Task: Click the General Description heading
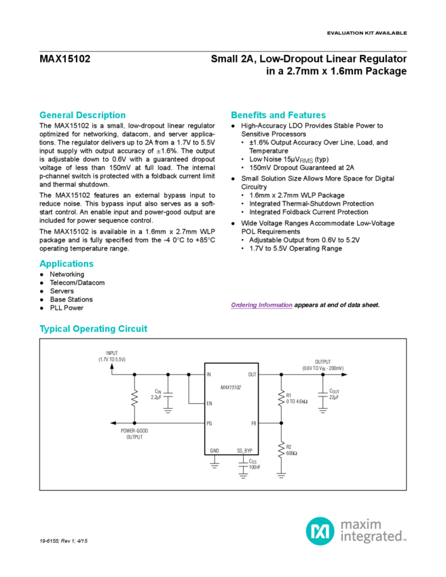82,115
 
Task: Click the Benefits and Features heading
278,115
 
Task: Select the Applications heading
67,263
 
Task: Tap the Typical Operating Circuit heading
94,329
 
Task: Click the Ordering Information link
261,305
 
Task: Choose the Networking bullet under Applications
67,274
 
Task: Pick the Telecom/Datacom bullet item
75,282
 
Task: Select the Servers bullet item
62,290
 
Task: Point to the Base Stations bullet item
71,299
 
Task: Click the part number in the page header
65,58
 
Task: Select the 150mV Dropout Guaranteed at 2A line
291,166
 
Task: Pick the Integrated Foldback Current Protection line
304,212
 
